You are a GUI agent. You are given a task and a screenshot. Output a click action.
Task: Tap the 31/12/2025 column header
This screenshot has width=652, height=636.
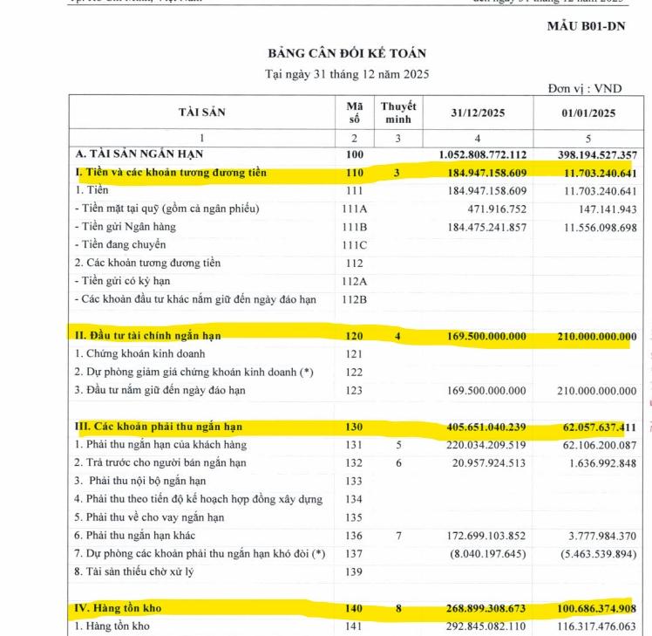tap(478, 113)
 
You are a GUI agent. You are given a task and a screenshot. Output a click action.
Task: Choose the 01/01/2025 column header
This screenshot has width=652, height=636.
tap(588, 113)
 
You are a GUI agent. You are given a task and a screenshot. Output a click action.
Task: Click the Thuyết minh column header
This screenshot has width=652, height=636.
tap(397, 113)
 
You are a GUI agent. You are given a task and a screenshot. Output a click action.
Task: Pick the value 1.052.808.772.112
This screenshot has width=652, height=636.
tap(483, 155)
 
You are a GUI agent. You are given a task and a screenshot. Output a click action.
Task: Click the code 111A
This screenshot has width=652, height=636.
tap(353, 209)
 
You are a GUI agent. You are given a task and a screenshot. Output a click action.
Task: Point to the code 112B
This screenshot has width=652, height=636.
tap(353, 300)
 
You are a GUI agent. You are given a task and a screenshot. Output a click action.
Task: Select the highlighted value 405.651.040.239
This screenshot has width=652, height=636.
tap(483, 427)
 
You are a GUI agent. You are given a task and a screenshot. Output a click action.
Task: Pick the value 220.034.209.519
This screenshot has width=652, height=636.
tap(483, 445)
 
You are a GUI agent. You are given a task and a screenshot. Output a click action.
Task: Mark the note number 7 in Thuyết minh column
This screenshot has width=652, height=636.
tap(397, 535)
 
